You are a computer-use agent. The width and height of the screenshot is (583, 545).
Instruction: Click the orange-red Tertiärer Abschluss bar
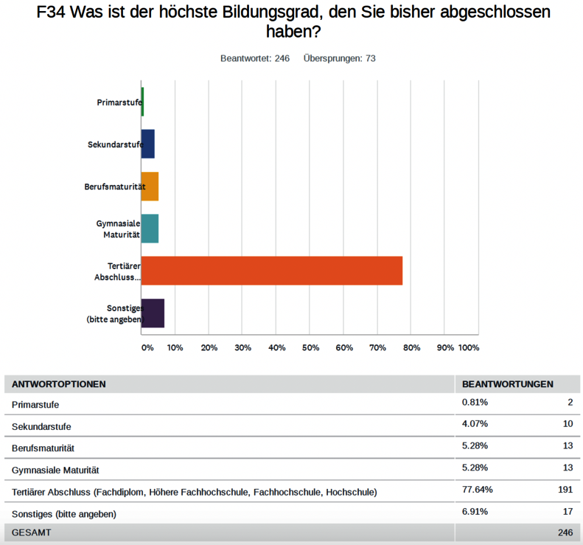point(271,271)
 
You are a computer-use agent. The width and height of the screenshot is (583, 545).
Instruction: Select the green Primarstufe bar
point(142,102)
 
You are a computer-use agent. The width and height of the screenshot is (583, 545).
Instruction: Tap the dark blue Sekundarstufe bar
point(147,144)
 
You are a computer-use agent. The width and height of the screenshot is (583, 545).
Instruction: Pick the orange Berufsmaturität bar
point(150,187)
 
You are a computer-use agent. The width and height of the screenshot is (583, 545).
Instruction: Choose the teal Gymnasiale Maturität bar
point(150,229)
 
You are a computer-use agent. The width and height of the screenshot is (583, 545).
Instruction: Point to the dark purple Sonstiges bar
point(153,313)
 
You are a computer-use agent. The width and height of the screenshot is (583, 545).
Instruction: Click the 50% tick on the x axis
point(310,347)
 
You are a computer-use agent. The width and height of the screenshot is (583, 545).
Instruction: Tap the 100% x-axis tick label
point(469,347)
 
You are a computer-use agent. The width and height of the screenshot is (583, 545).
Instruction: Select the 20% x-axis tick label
point(209,347)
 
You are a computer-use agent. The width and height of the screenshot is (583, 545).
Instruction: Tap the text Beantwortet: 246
point(255,58)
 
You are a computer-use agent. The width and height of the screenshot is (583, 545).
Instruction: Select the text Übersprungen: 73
point(340,58)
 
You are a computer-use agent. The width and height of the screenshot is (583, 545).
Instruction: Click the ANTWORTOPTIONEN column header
point(59,384)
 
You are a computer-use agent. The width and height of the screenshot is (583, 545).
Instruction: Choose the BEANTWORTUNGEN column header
point(508,384)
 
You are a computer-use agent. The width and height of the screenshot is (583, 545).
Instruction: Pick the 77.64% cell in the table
point(477,490)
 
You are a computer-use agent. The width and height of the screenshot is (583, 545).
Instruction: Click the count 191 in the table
point(565,490)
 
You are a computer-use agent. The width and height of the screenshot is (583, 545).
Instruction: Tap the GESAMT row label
point(32,532)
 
